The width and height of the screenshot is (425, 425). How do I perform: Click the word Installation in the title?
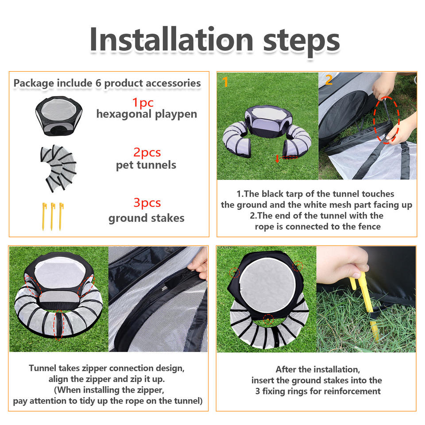click(171, 39)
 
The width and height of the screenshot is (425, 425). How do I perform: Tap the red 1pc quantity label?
click(143, 103)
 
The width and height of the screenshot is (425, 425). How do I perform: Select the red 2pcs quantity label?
click(147, 152)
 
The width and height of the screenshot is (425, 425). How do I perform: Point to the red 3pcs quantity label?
click(147, 203)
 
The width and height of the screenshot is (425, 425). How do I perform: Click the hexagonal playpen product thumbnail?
click(59, 116)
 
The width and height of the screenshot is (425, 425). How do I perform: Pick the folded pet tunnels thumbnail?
click(58, 168)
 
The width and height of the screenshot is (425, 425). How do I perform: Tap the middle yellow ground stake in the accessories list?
click(52, 216)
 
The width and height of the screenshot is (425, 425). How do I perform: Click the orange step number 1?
click(225, 81)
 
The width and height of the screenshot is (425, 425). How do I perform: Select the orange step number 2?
click(329, 80)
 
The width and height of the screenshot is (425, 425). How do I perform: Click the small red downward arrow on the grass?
click(277, 159)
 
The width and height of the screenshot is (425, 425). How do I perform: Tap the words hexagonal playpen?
click(147, 114)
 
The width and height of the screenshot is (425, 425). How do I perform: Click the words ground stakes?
click(147, 218)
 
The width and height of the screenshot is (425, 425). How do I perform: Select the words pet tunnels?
click(146, 165)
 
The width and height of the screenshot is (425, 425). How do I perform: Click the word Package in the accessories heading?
click(34, 83)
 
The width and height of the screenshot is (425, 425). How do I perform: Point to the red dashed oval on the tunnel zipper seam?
click(59, 325)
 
